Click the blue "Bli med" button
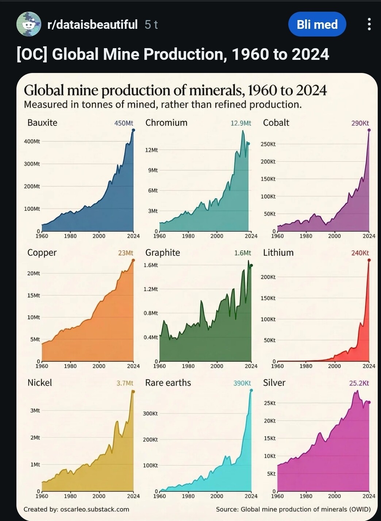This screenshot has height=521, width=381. pos(317,24)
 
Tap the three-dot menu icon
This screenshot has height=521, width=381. pos(369,24)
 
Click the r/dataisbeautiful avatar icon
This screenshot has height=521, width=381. pos(28,24)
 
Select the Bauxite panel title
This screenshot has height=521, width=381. pos(42,123)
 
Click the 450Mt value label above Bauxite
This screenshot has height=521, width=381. pos(124,123)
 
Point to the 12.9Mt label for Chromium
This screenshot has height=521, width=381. pos(241,123)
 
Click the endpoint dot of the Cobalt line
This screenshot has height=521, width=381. pos(369,130)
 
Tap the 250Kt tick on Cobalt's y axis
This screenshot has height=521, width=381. pos(268,144)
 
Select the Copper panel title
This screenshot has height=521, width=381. pos(42,253)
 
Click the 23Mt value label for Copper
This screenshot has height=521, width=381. pos(126,253)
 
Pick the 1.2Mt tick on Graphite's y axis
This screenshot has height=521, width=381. pos(151,289)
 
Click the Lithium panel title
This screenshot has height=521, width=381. pos(278,253)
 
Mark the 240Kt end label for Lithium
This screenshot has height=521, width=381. pos(360,253)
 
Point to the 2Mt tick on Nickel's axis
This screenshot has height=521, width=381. pos(35,437)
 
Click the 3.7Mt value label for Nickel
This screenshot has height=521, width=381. pos(125,383)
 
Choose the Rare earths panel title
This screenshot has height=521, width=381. pos(168,383)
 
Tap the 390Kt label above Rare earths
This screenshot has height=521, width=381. pos(242,383)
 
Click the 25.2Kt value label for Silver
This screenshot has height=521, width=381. pos(359,383)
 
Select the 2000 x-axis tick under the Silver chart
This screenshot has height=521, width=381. pos(334,496)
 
